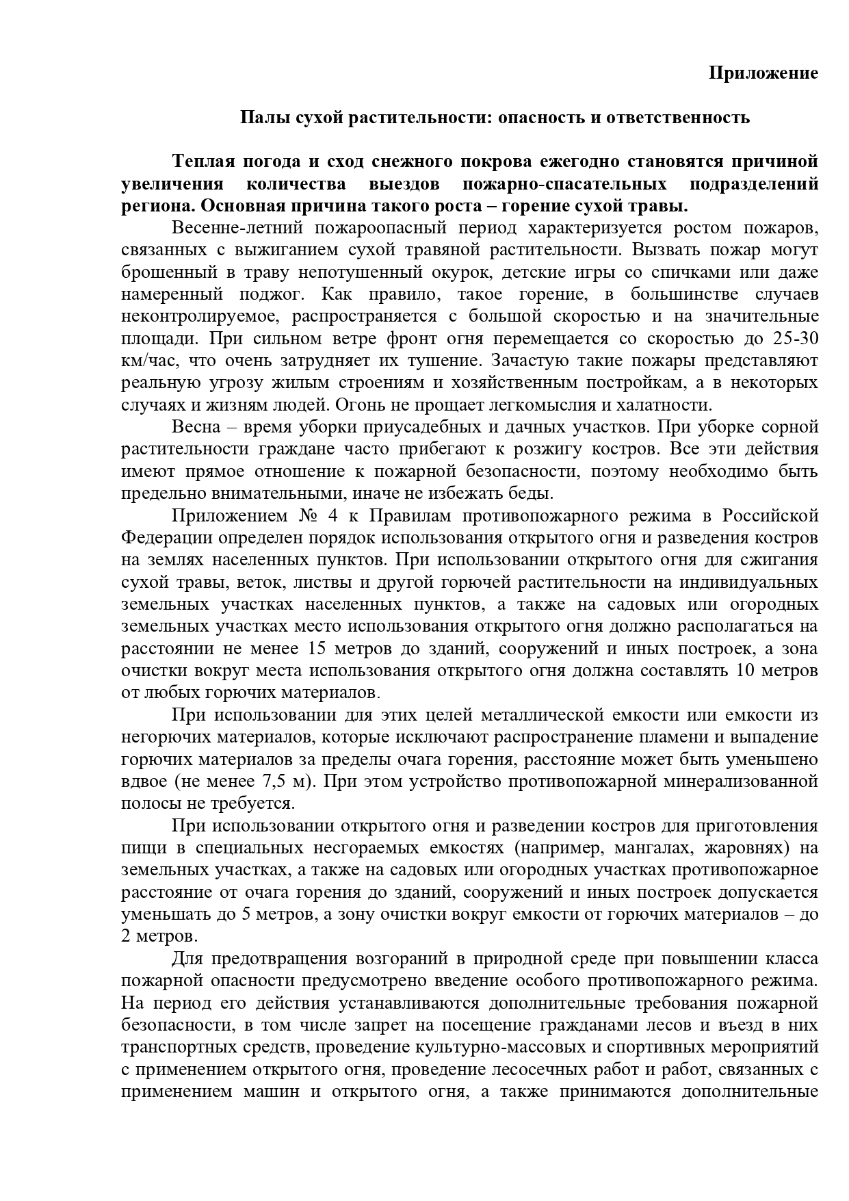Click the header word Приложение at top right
(763, 73)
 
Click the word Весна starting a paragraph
(196, 427)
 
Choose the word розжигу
(588, 450)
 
